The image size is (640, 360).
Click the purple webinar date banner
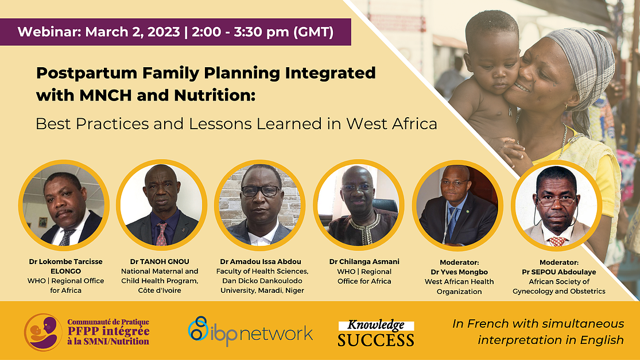pyautogui.click(x=176, y=32)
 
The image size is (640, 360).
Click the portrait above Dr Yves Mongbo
pyautogui.click(x=457, y=206)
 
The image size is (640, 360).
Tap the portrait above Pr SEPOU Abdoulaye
pyautogui.click(x=557, y=206)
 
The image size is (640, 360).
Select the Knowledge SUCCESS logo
pyautogui.click(x=376, y=333)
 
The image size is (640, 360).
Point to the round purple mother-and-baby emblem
pyautogui.click(x=43, y=332)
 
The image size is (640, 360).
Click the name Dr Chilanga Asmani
pyautogui.click(x=364, y=262)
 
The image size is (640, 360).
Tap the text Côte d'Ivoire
pyautogui.click(x=160, y=291)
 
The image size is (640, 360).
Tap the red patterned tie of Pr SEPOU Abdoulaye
pyautogui.click(x=557, y=241)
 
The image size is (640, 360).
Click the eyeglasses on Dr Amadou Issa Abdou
pyautogui.click(x=261, y=191)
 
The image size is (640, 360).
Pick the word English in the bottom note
pyautogui.click(x=602, y=340)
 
